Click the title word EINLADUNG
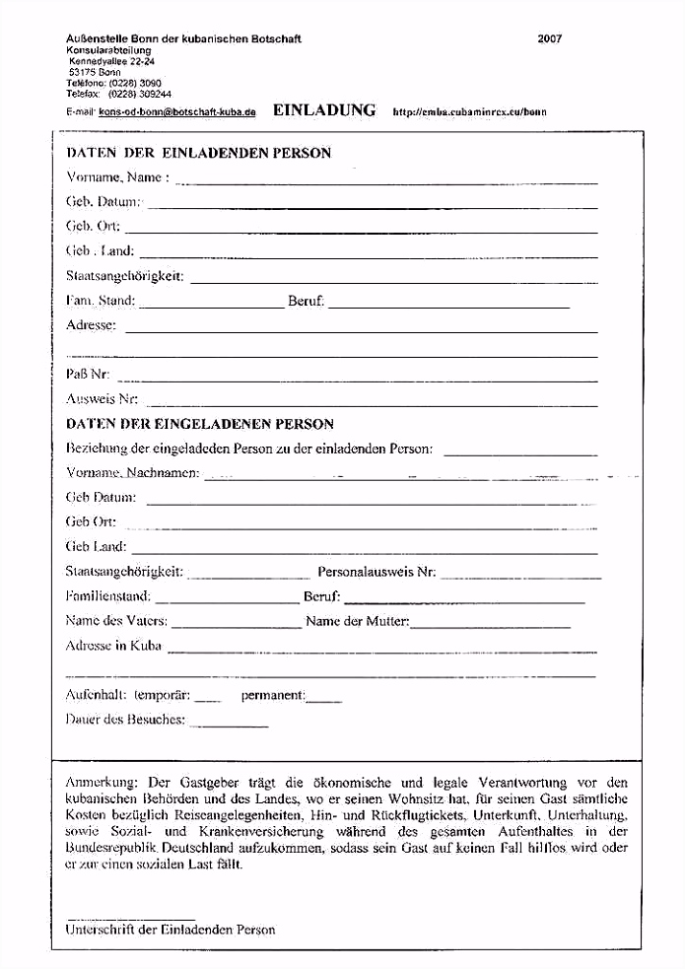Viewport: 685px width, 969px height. point(324,110)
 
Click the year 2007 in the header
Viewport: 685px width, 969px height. point(550,39)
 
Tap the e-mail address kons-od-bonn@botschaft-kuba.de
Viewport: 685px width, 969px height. point(177,112)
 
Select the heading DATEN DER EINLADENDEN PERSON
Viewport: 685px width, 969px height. point(198,154)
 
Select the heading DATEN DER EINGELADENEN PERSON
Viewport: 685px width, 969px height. point(199,425)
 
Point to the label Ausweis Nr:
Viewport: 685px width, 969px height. point(102,399)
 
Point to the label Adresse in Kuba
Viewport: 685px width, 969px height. point(113,647)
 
